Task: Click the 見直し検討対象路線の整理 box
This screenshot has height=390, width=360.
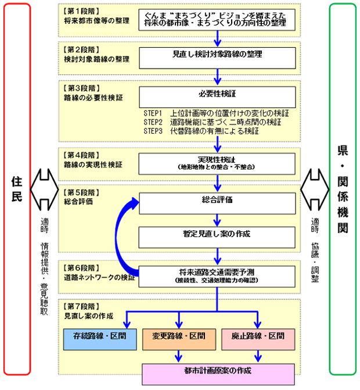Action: tap(217, 55)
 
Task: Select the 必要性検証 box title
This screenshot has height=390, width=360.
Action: tap(217, 93)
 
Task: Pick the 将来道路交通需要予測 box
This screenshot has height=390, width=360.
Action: tap(217, 274)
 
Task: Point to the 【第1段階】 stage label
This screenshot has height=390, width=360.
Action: tap(81, 12)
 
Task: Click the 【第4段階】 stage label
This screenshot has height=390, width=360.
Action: tap(81, 155)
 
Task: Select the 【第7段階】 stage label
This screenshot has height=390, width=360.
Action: tap(81, 306)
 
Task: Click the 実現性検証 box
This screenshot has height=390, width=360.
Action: tap(217, 162)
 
